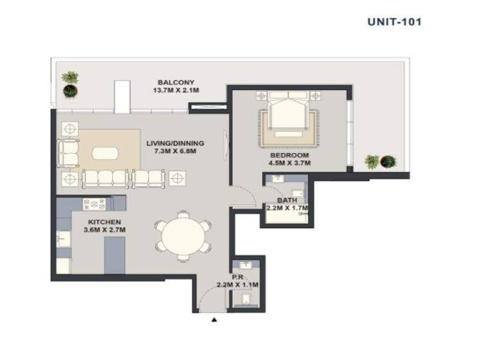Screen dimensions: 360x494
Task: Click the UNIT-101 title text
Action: pyautogui.click(x=394, y=21)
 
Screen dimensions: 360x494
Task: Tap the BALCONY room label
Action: pyautogui.click(x=176, y=82)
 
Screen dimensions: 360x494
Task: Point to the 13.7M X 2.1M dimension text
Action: pyautogui.click(x=176, y=91)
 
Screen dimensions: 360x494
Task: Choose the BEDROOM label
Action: pyautogui.click(x=289, y=156)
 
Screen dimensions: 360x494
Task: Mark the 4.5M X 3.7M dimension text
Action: pyautogui.click(x=289, y=163)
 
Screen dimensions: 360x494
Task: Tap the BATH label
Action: pyautogui.click(x=286, y=201)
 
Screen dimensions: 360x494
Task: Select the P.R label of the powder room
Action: pyautogui.click(x=237, y=277)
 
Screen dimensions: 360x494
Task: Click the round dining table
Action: pyautogui.click(x=183, y=236)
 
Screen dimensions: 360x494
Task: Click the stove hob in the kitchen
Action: pyautogui.click(x=94, y=204)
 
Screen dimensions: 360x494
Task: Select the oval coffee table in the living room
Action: pyautogui.click(x=105, y=153)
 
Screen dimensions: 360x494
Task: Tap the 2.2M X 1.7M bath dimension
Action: pyautogui.click(x=287, y=208)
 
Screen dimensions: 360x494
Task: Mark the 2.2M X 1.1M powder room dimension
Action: pyautogui.click(x=237, y=285)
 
